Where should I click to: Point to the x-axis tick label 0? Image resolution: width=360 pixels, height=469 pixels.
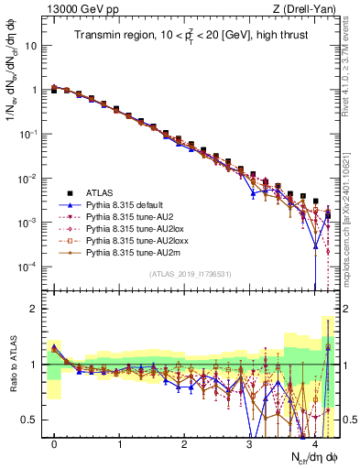[54, 443]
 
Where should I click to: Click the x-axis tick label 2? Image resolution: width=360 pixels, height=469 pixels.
[184, 443]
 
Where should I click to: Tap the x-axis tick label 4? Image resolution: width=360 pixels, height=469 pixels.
[314, 443]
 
